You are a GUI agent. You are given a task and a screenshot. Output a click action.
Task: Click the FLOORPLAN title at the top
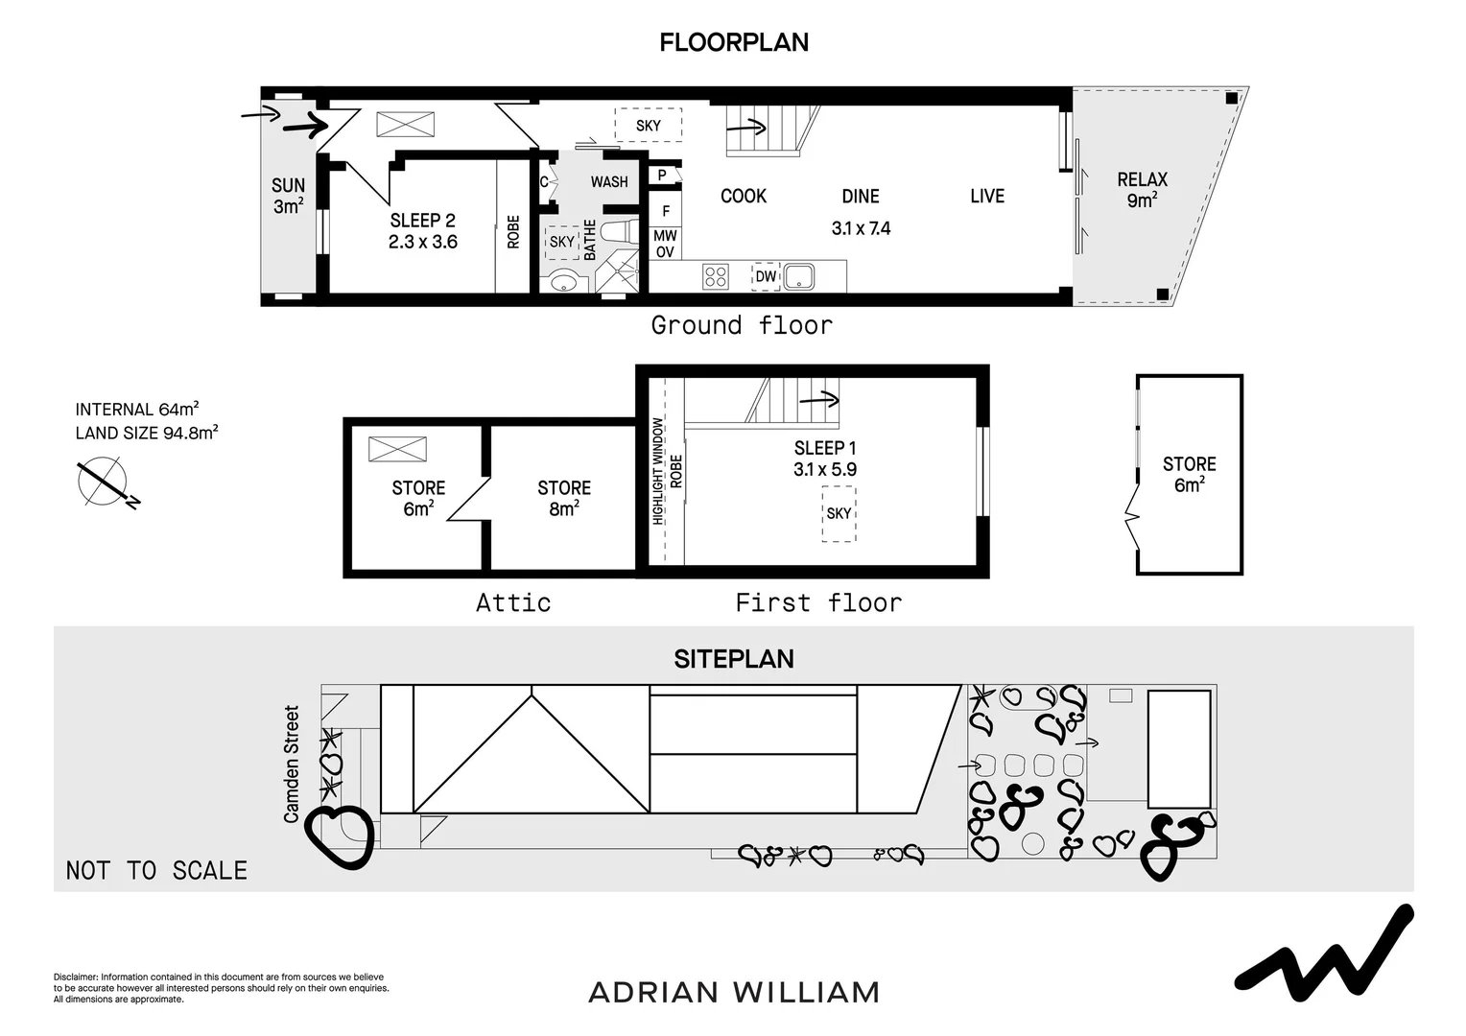click(x=733, y=42)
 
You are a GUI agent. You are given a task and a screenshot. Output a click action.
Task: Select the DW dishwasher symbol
click(x=766, y=277)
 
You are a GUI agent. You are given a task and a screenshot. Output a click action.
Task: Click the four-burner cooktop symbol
click(x=716, y=277)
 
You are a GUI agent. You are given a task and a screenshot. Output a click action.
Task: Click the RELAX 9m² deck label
click(x=1142, y=189)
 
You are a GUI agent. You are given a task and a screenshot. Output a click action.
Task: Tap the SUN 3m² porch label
click(x=288, y=196)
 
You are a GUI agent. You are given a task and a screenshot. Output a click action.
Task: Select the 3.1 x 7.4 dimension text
click(x=861, y=228)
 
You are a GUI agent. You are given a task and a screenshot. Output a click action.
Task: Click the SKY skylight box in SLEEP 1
click(x=839, y=513)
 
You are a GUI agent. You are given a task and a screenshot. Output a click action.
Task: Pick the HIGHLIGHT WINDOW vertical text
click(x=658, y=470)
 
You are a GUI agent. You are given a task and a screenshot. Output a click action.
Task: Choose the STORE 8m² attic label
click(x=563, y=498)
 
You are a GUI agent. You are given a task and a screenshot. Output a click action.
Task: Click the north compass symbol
click(x=104, y=482)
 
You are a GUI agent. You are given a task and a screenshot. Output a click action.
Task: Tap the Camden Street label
click(x=292, y=764)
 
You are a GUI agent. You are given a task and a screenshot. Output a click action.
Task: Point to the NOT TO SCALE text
click(x=156, y=870)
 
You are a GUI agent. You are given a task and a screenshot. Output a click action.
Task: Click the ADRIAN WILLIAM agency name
click(x=733, y=992)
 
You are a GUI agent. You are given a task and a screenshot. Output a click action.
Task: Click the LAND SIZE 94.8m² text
click(x=147, y=433)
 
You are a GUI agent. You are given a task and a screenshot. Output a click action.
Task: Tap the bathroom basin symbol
click(x=564, y=281)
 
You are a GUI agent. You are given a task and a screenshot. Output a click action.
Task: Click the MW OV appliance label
click(x=665, y=244)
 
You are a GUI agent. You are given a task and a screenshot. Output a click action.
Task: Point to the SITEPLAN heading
click(x=733, y=659)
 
